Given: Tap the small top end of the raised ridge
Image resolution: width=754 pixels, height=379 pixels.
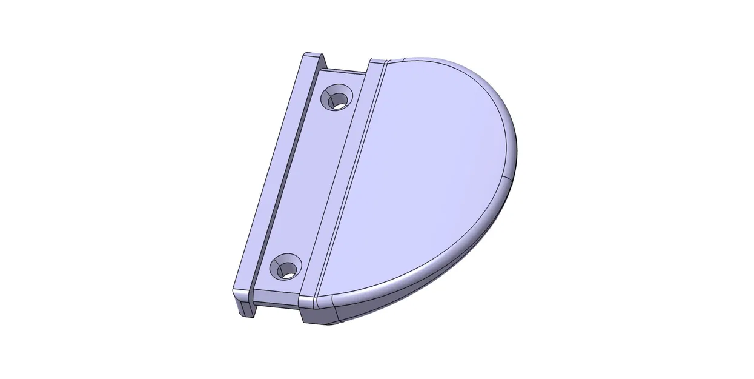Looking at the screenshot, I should coord(377,62).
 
